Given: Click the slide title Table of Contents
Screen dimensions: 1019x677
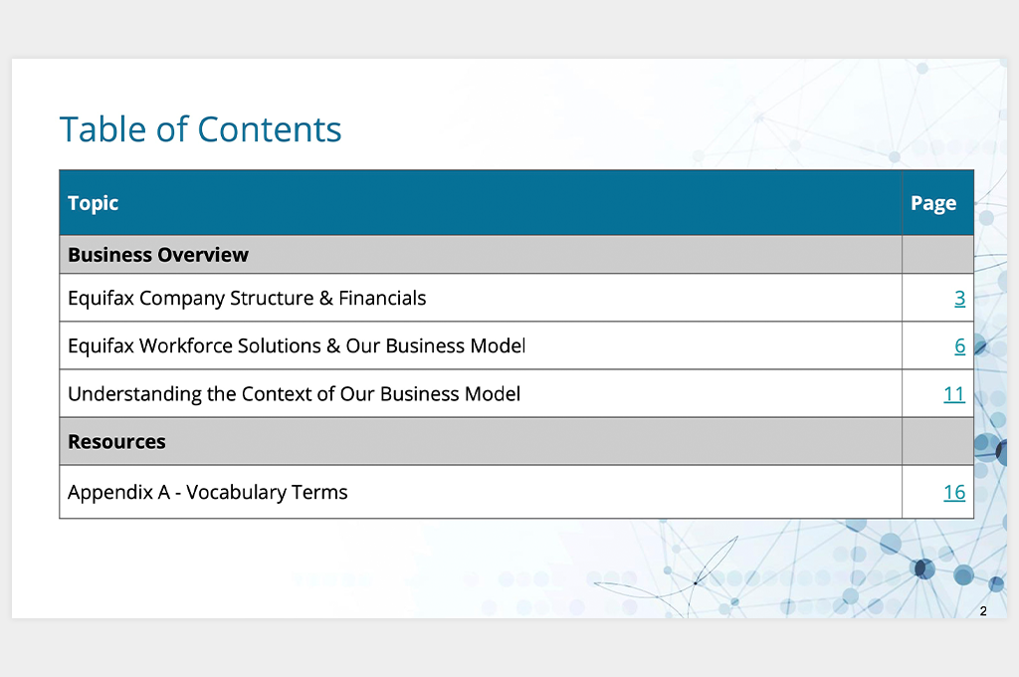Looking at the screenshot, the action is [x=200, y=128].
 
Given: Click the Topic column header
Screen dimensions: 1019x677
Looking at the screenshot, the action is [x=93, y=203].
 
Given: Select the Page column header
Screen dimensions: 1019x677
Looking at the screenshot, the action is [x=933, y=203].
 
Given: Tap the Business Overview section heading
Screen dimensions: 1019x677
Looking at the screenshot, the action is [x=158, y=254].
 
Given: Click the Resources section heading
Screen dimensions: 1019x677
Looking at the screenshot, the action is [x=117, y=442].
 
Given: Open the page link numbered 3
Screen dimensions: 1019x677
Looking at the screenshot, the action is [x=960, y=298].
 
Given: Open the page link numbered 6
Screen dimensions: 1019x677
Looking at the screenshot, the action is [x=960, y=346].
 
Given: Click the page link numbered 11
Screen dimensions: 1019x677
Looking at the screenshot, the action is [x=954, y=394].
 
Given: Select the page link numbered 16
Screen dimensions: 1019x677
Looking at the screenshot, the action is [x=954, y=492].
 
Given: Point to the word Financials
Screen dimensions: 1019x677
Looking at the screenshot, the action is [x=382, y=298].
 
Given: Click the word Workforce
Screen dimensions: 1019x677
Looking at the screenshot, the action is [x=186, y=346].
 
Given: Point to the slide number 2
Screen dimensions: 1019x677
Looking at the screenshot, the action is [x=983, y=611].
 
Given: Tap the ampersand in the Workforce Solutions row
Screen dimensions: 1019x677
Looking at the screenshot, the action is [x=333, y=346].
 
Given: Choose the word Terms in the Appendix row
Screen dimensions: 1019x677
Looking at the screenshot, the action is [x=319, y=492].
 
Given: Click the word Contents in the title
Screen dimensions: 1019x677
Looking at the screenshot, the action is [x=269, y=128].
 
